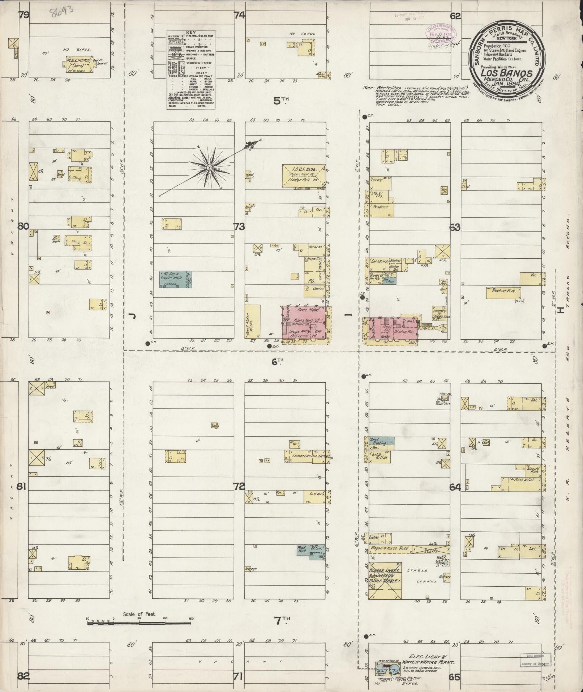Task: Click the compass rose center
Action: coord(209,167)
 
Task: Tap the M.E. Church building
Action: coord(79,64)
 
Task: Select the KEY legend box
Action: coord(191,69)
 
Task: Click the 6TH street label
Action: coord(277,361)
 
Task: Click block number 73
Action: coord(239,227)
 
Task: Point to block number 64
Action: coord(455,487)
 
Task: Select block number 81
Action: coord(22,487)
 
